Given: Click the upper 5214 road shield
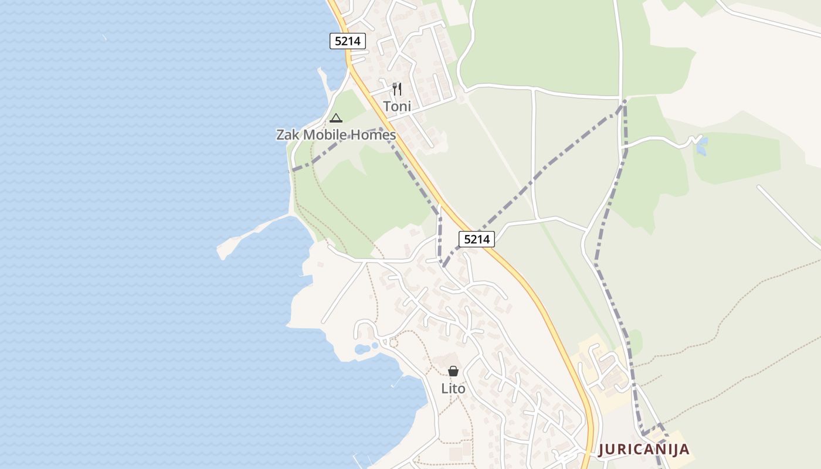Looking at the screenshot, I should (348, 41).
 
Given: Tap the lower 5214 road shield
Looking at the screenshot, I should (477, 239).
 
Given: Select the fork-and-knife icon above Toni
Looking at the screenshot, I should (397, 89).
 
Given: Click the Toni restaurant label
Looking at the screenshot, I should (397, 106).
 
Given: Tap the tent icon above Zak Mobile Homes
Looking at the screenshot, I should (335, 118).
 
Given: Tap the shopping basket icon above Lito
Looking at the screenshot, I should (453, 371).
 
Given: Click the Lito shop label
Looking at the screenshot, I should (453, 389).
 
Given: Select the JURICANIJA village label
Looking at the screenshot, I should (643, 450).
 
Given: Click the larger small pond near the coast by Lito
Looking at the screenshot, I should (362, 349).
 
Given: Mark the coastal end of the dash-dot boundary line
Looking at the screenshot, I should (293, 169).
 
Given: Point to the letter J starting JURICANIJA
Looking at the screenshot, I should (602, 450).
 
